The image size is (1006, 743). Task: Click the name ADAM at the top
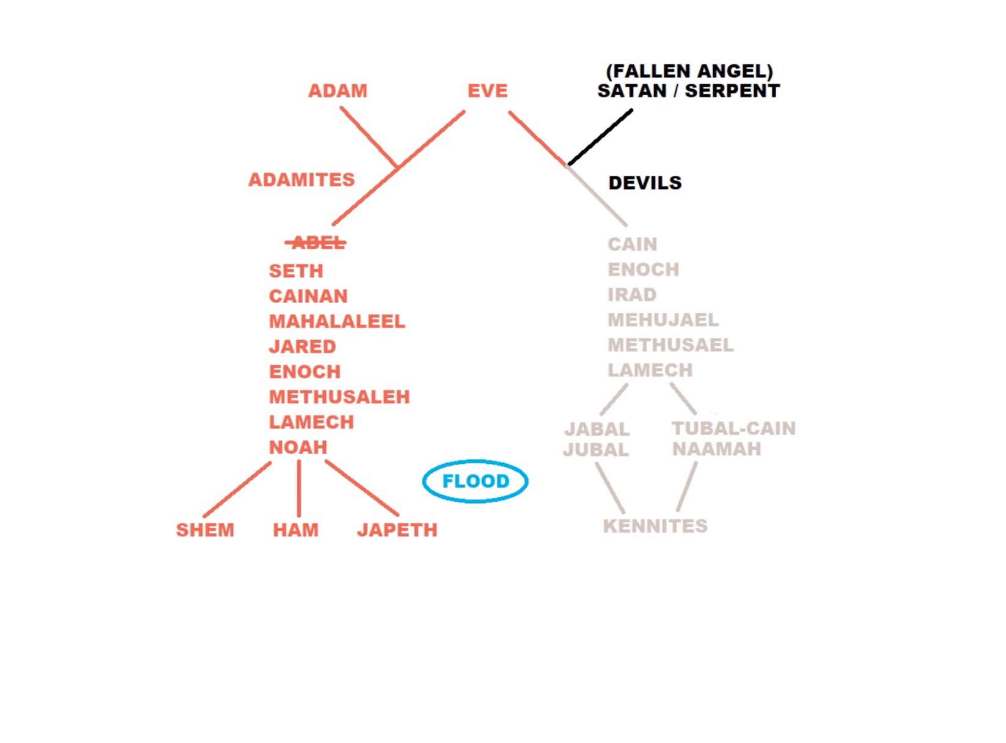pos(337,90)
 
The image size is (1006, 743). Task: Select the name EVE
pos(488,90)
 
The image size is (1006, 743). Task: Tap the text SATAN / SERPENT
pos(688,90)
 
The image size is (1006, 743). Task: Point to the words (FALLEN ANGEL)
pos(689,71)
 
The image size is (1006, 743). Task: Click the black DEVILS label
pos(645,183)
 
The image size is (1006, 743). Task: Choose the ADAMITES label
pos(302,180)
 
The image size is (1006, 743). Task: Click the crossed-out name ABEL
pos(316,243)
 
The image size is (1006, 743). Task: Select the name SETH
pos(296,271)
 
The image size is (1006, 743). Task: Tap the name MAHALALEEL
pos(337,321)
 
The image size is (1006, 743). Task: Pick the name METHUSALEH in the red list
pos(339,397)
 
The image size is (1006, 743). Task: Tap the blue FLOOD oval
pos(475,460)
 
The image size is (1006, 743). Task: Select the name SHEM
pos(205,530)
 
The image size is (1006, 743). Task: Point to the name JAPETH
pos(397,530)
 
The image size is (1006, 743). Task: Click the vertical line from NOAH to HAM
pos(299,489)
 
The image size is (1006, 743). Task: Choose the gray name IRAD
pos(632,295)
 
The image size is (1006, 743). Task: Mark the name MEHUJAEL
pos(663,320)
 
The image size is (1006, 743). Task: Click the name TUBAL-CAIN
pos(733,429)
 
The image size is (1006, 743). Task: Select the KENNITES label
pos(655,526)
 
